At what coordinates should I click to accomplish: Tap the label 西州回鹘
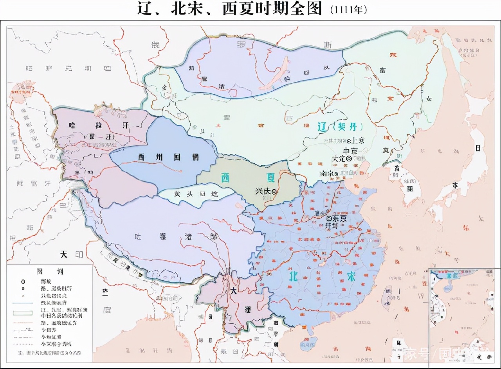(x=168, y=157)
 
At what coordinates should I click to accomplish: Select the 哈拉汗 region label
(x=99, y=125)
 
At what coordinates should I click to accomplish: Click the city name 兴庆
(x=263, y=191)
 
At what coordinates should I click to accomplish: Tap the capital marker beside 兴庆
(x=274, y=192)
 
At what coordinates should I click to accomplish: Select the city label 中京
(x=351, y=151)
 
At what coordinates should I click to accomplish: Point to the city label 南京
(x=326, y=173)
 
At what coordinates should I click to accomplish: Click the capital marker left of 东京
(x=329, y=219)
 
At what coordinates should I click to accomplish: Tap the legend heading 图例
(x=50, y=271)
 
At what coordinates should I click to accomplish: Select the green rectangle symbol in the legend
(x=23, y=312)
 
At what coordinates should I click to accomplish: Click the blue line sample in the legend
(x=23, y=303)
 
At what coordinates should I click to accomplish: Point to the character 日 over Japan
(x=477, y=148)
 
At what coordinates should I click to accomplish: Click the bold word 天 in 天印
(x=64, y=254)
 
